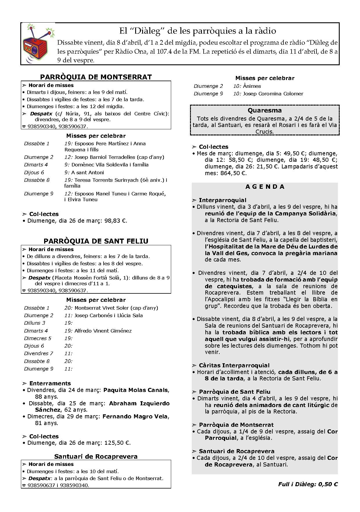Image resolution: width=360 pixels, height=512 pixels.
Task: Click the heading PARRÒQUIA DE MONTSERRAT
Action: click(x=96, y=77)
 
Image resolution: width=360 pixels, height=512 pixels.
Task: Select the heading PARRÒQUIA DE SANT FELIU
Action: click(x=96, y=241)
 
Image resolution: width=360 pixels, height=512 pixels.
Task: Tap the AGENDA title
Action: click(x=265, y=187)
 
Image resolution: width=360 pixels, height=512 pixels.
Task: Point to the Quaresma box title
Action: click(x=265, y=110)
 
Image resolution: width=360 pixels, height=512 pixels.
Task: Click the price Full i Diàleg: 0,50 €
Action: click(x=308, y=484)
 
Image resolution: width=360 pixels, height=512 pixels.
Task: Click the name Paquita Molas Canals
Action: click(x=135, y=390)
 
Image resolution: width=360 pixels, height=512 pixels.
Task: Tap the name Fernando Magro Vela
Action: click(x=135, y=417)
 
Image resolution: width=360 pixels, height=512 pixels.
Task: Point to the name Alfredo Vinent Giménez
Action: click(x=103, y=331)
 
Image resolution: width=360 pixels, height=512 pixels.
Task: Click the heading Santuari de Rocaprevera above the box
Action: click(x=96, y=457)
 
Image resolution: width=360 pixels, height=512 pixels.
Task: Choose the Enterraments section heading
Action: click(x=50, y=384)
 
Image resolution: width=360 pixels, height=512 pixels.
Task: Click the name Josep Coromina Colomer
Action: click(x=273, y=94)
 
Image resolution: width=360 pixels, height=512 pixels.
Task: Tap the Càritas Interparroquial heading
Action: click(x=234, y=366)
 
